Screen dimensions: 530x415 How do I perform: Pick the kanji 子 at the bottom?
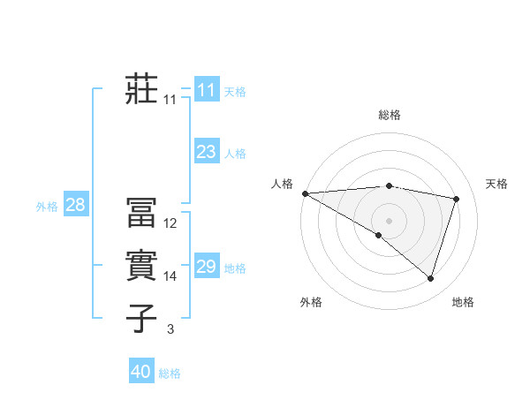pyautogui.click(x=141, y=317)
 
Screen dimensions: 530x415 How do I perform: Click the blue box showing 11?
pyautogui.click(x=206, y=90)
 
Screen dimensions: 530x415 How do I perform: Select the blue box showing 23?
pyautogui.click(x=206, y=152)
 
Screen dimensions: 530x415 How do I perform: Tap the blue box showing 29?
pyautogui.click(x=206, y=267)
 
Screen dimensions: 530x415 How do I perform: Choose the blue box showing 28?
pyautogui.click(x=75, y=206)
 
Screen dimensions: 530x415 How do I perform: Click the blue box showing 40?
pyautogui.click(x=140, y=372)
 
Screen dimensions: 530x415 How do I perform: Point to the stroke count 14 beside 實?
pyautogui.click(x=170, y=276)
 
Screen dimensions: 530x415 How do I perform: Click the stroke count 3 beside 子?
pyautogui.click(x=170, y=329)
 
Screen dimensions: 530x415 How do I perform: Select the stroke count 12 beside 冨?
pyautogui.click(x=170, y=223)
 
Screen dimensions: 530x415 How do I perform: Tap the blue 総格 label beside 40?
pyautogui.click(x=170, y=373)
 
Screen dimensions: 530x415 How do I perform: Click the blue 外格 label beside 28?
pyautogui.click(x=47, y=207)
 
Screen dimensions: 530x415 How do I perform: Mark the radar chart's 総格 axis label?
pyautogui.click(x=389, y=115)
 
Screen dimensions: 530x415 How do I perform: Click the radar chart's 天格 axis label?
pyautogui.click(x=497, y=184)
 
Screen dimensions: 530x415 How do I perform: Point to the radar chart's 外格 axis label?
pyautogui.click(x=311, y=302)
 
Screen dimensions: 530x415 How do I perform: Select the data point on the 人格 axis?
pyautogui.click(x=305, y=192)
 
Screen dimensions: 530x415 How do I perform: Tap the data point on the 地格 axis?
pyautogui.click(x=430, y=278)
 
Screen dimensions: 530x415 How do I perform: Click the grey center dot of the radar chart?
pyautogui.click(x=389, y=220)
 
